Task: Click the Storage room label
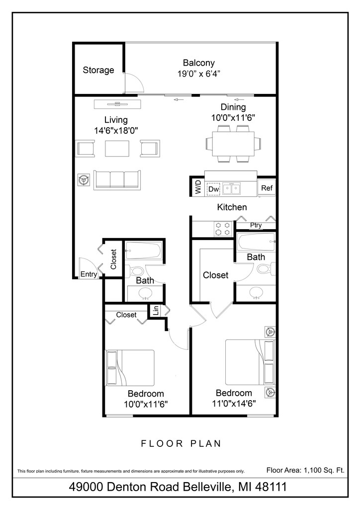pos(98,70)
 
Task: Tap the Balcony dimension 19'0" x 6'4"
pos(198,74)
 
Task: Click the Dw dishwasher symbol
pos(213,189)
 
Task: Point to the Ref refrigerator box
pos(267,188)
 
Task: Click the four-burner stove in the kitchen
pos(223,228)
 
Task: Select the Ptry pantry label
pos(256,225)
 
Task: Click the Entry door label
pos(89,274)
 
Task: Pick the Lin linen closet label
pos(156,311)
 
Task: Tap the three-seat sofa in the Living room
pos(116,179)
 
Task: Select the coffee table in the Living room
pos(118,148)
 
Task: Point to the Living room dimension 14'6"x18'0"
pos(116,130)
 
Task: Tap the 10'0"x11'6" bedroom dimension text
pos(145,404)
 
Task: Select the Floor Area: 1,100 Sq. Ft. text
pos(305,469)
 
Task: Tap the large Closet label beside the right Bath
pos(215,275)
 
